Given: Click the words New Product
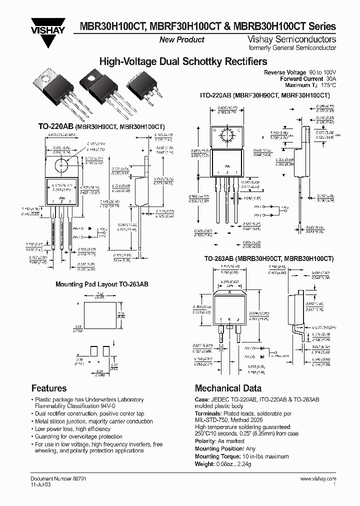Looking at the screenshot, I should (181, 39).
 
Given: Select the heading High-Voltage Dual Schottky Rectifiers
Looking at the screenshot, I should (183, 61).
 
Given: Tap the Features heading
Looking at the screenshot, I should (49, 388).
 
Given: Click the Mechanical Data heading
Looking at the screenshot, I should (228, 388).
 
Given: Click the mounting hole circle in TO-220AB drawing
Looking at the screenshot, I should (63, 164).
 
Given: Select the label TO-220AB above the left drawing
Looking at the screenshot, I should (55, 127).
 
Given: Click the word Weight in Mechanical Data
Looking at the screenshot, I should (205, 464).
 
